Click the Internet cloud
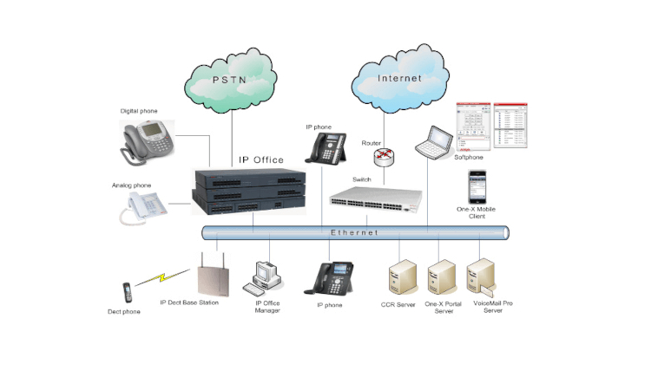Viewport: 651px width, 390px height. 399,78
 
